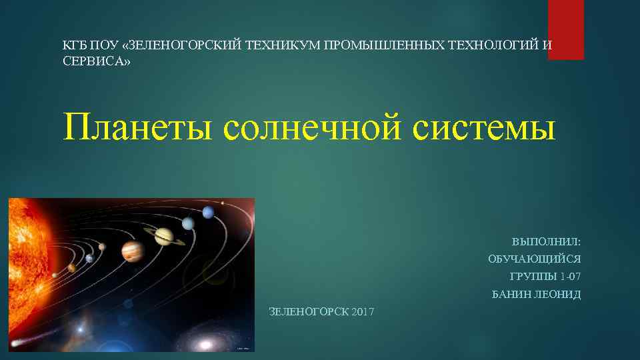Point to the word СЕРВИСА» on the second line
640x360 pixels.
[x=97, y=61]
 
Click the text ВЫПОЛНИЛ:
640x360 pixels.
[x=546, y=241]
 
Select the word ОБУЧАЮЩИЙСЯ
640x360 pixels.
[x=534, y=259]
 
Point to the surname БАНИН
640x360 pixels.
[x=511, y=294]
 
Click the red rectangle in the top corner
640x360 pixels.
[x=565, y=29]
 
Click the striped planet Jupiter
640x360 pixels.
[x=133, y=251]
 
